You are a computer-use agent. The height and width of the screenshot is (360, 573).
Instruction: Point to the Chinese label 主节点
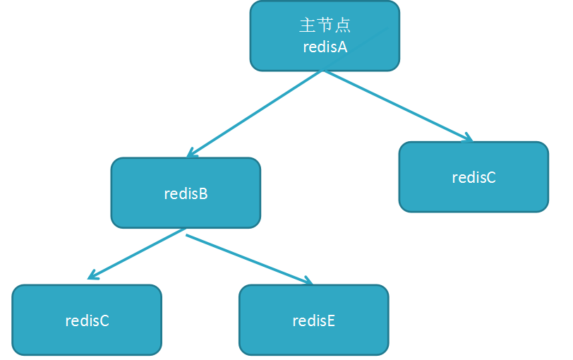pos(325,25)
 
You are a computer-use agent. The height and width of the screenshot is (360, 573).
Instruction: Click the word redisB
pos(186,193)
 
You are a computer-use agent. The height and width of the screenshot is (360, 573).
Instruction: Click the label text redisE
pos(313,321)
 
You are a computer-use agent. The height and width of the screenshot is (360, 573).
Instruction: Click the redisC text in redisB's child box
pos(87,320)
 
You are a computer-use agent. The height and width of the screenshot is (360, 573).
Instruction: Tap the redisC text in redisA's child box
pos(474,177)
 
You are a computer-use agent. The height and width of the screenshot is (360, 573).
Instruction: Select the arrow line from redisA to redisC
pos(395,105)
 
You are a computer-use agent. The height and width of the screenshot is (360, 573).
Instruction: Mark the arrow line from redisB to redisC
pos(138,253)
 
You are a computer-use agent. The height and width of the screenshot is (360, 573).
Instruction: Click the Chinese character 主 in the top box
pos(307,25)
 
